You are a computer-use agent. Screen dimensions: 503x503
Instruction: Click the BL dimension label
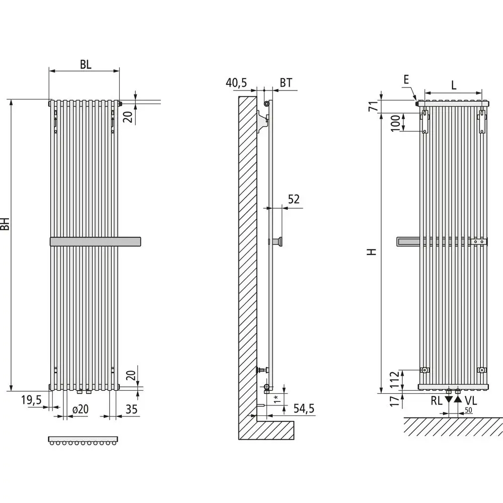point(85,64)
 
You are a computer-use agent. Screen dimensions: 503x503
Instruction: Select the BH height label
point(6,224)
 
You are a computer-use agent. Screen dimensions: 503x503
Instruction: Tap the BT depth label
point(286,83)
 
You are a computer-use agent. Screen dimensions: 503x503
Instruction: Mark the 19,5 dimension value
point(31,400)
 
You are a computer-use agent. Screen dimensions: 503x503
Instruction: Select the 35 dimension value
point(131,409)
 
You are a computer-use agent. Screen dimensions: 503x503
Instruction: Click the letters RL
point(436,401)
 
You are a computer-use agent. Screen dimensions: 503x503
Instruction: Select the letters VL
point(471,401)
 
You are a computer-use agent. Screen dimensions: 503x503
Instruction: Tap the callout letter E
point(406,79)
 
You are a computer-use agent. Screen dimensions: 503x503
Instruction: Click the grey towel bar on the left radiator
point(96,241)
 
